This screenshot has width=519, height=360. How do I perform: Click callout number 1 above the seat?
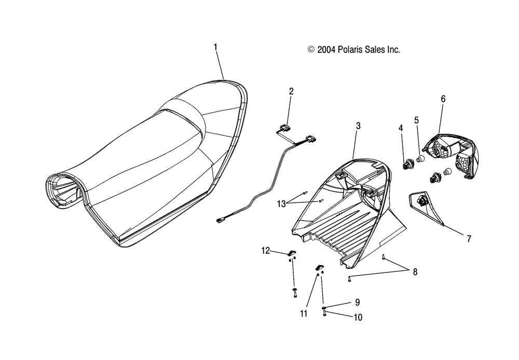pyautogui.click(x=215, y=47)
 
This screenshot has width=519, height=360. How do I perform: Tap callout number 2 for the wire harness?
pyautogui.click(x=291, y=91)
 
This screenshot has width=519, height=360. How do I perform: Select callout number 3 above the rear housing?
pyautogui.click(x=358, y=126)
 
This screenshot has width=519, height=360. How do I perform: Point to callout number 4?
pyautogui.click(x=401, y=128)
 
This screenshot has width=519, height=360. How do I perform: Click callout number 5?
pyautogui.click(x=416, y=120)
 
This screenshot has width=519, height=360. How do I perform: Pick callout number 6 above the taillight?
pyautogui.click(x=443, y=99)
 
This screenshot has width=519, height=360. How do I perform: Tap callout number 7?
pyautogui.click(x=469, y=239)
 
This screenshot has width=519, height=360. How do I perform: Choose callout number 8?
pyautogui.click(x=415, y=272)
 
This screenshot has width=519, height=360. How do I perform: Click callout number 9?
pyautogui.click(x=358, y=302)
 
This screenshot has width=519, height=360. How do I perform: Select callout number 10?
pyautogui.click(x=358, y=317)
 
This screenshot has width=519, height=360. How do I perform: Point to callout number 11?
pyautogui.click(x=304, y=313)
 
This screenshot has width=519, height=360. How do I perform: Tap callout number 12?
pyautogui.click(x=266, y=251)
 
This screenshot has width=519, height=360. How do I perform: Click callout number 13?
pyautogui.click(x=281, y=204)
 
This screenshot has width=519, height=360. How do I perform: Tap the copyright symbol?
pyautogui.click(x=311, y=50)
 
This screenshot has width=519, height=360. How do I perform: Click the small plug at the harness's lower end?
pyautogui.click(x=220, y=220)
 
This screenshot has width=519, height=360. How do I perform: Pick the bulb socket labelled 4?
pyautogui.click(x=407, y=164)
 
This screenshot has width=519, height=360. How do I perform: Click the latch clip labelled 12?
pyautogui.click(x=291, y=253)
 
